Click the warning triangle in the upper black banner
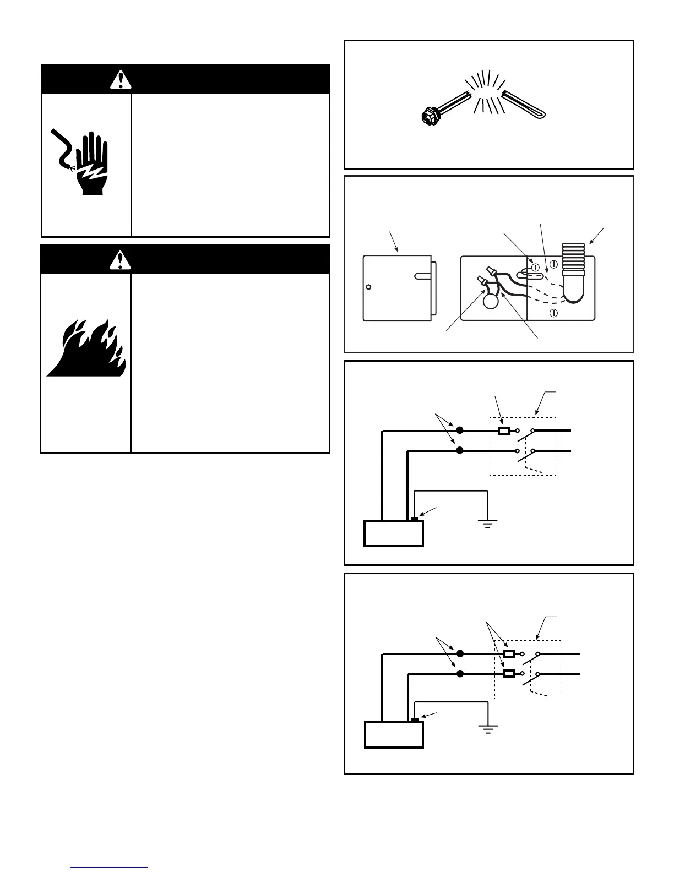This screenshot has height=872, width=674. pyautogui.click(x=117, y=80)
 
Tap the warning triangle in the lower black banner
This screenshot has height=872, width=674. pyautogui.click(x=117, y=259)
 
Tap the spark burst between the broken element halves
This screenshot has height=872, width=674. pyautogui.click(x=485, y=92)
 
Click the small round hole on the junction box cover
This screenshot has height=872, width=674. pyautogui.click(x=369, y=287)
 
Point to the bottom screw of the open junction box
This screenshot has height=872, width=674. pyautogui.click(x=554, y=313)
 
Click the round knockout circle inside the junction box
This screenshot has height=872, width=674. pyautogui.click(x=490, y=301)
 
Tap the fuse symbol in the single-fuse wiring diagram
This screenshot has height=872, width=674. pyautogui.click(x=503, y=430)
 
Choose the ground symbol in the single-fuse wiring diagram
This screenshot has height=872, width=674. pyautogui.click(x=487, y=524)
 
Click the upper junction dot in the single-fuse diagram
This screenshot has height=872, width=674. pyautogui.click(x=460, y=430)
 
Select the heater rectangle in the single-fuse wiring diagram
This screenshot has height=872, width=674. pyautogui.click(x=394, y=533)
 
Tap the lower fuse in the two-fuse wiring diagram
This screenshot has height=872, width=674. pyautogui.click(x=509, y=673)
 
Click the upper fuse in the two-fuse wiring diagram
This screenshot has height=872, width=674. pyautogui.click(x=509, y=654)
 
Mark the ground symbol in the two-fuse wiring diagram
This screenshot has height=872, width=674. pyautogui.click(x=487, y=729)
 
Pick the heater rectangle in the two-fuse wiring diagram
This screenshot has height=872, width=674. pyautogui.click(x=394, y=735)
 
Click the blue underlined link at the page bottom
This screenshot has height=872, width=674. pyautogui.click(x=109, y=867)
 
